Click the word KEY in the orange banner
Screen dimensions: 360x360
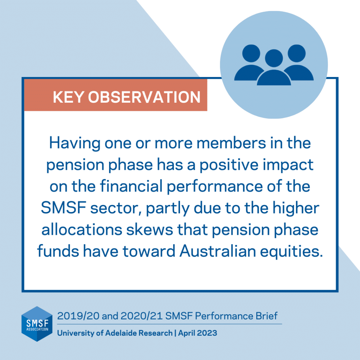[x=69, y=97]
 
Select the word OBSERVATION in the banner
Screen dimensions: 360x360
[x=144, y=97]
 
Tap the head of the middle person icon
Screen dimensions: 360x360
[x=274, y=58]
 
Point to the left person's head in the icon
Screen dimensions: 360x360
[x=251, y=53]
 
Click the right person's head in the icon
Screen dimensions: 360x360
[x=297, y=53]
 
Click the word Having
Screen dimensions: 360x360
[x=75, y=144]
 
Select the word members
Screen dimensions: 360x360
[x=231, y=143]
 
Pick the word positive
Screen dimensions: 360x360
[x=229, y=165]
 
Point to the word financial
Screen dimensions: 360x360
[x=131, y=186]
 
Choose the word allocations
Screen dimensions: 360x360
[x=82, y=230]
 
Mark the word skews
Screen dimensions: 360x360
[x=150, y=230]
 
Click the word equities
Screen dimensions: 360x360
[x=291, y=252]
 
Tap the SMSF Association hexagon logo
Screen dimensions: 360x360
[x=37, y=324]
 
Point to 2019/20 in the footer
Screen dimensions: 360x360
[x=78, y=316]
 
